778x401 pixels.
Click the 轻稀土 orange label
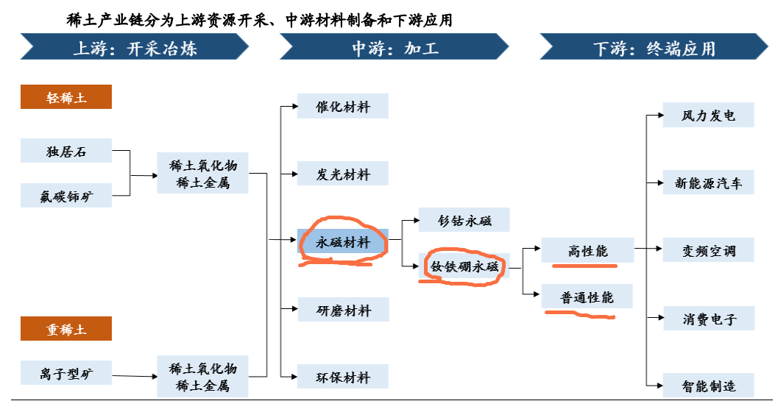click(x=66, y=97)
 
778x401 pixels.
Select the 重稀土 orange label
click(x=66, y=329)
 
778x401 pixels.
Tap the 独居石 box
click(x=66, y=150)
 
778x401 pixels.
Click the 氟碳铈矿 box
click(x=66, y=196)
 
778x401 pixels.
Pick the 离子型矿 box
click(x=66, y=373)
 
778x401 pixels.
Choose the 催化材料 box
click(x=343, y=106)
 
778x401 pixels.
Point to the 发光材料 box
click(x=343, y=173)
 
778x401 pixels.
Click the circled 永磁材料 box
click(x=343, y=241)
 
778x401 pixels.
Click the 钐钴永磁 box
click(x=464, y=219)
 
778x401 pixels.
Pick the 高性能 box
click(x=587, y=250)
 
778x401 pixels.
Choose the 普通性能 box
click(x=587, y=297)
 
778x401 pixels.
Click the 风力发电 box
click(x=709, y=115)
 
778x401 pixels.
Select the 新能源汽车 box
click(x=709, y=182)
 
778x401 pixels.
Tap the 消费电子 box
click(x=709, y=318)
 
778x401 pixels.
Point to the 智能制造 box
click(x=709, y=385)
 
